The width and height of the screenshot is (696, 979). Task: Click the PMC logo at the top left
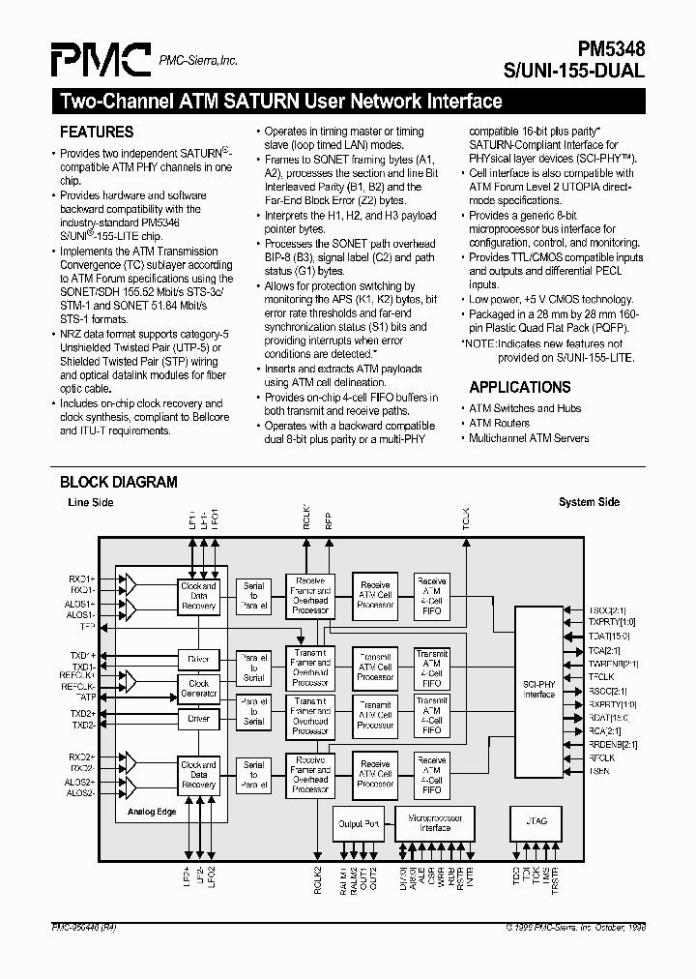click(101, 60)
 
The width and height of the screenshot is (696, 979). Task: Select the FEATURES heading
click(97, 133)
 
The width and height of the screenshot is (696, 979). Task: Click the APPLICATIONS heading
click(519, 387)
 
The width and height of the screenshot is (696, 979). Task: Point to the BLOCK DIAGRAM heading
click(119, 482)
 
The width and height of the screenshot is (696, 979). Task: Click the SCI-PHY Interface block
click(538, 689)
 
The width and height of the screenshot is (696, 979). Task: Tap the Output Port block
click(358, 823)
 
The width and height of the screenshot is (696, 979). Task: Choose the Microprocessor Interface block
click(435, 822)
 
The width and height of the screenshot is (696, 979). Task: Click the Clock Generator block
click(198, 689)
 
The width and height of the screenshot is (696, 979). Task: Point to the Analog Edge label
click(153, 812)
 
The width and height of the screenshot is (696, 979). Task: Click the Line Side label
click(90, 503)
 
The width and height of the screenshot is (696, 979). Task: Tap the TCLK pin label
click(465, 518)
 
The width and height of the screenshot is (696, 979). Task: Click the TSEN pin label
click(599, 771)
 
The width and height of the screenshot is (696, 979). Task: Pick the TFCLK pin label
click(601, 677)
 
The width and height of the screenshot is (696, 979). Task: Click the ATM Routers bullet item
click(499, 423)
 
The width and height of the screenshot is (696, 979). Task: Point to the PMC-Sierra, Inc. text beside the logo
click(198, 61)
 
